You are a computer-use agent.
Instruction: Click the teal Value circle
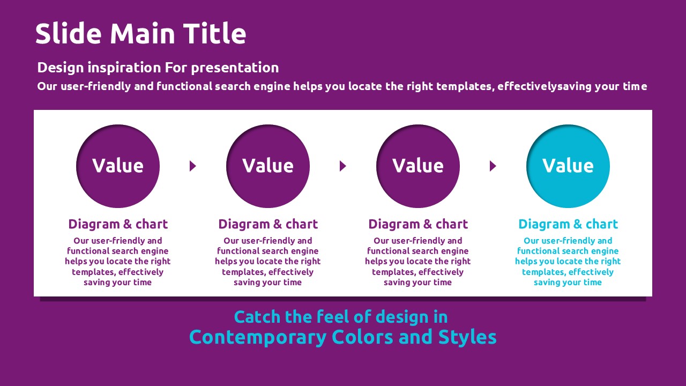pos(568,166)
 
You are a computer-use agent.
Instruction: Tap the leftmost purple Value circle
pos(118,166)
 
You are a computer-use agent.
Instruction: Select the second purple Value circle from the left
pos(268,166)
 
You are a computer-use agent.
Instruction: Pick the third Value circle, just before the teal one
pos(418,166)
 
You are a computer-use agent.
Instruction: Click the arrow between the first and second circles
pos(192,166)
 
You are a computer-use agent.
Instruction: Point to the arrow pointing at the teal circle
pos(493,166)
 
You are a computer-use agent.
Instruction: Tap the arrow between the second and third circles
pos(342,166)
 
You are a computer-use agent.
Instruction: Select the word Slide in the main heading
pos(68,33)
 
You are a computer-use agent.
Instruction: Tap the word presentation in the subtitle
pos(235,68)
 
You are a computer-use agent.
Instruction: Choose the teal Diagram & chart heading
pos(568,224)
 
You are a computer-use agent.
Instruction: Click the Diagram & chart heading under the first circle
pos(118,224)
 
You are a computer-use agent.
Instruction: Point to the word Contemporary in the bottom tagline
pos(258,338)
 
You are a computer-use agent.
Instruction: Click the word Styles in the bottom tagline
pos(467,337)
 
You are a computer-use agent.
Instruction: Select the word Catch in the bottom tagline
pos(257,317)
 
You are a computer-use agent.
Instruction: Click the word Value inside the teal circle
pos(568,166)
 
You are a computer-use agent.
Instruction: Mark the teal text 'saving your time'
pos(568,283)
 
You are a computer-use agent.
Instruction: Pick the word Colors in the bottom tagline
pos(362,337)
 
